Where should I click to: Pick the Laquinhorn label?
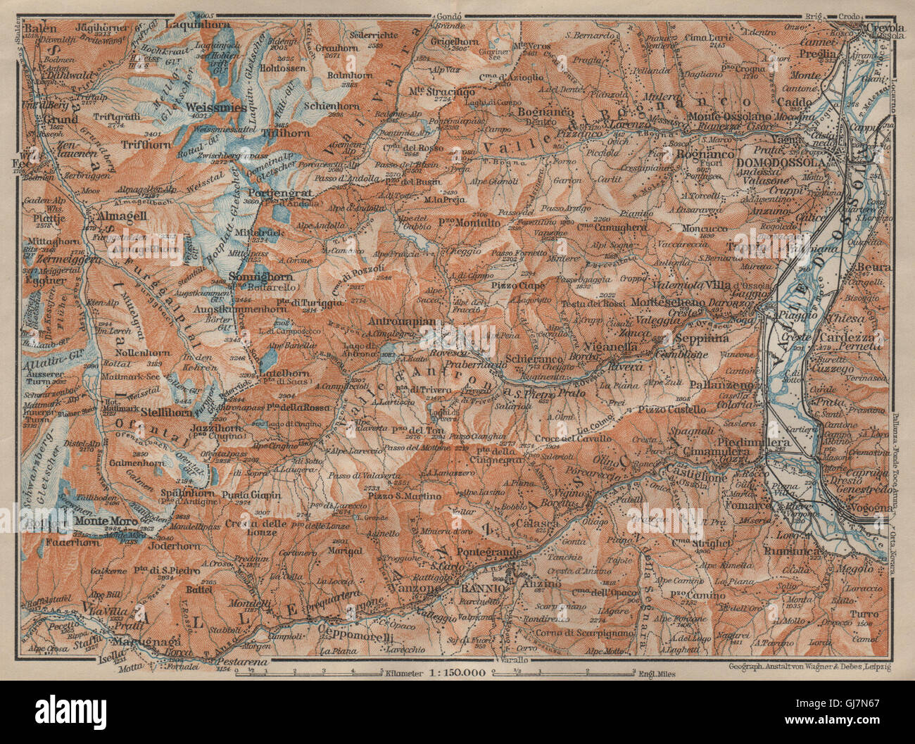(191, 23)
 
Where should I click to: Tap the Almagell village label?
(117, 215)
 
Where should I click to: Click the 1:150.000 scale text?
(448, 673)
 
